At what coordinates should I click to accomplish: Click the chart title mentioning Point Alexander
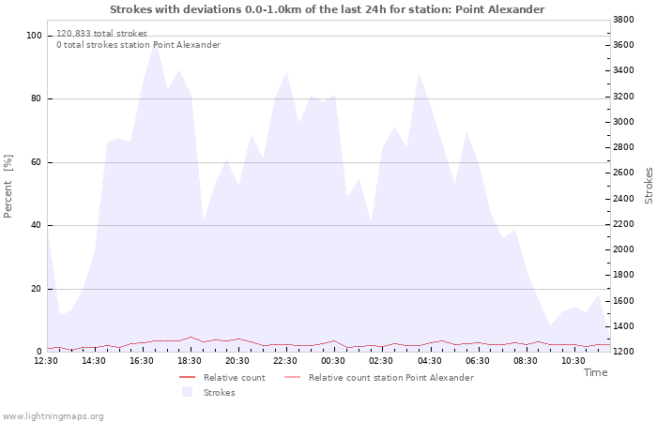tap(328, 9)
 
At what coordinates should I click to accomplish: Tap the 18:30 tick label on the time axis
tap(190, 361)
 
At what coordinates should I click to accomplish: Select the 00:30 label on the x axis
tap(333, 361)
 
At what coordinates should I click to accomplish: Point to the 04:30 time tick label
tap(430, 361)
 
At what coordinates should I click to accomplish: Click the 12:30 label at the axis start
tap(46, 361)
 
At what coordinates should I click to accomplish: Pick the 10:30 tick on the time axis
tap(573, 361)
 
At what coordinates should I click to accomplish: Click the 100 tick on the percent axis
tap(34, 36)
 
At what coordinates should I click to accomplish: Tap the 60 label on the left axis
tap(37, 162)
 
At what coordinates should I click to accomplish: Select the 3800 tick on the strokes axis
tap(623, 20)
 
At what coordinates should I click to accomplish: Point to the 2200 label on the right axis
tap(623, 224)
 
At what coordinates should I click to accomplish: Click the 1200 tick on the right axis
tap(623, 352)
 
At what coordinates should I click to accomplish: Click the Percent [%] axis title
tap(8, 187)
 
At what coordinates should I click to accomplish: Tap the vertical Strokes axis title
tap(649, 186)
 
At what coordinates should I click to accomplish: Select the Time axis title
tap(596, 372)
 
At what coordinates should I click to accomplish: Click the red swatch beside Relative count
tap(188, 378)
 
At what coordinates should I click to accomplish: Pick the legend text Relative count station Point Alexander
tap(391, 378)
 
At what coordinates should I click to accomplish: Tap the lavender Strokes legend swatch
tap(188, 392)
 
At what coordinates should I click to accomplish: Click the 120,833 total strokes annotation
tap(101, 34)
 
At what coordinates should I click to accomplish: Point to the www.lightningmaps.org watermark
tap(53, 416)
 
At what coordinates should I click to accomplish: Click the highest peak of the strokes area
tap(156, 42)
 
